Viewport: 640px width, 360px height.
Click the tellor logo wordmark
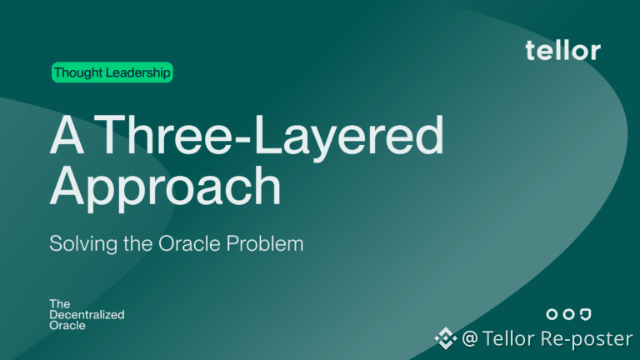pyautogui.click(x=562, y=50)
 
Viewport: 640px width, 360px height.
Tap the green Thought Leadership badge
pyautogui.click(x=112, y=72)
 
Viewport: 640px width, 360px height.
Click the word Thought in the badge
pyautogui.click(x=78, y=72)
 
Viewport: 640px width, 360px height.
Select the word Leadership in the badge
pyautogui.click(x=138, y=72)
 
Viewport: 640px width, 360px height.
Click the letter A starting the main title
pyautogui.click(x=67, y=134)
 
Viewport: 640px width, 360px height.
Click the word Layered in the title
pyautogui.click(x=348, y=139)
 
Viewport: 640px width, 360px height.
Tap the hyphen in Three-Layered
pyautogui.click(x=244, y=140)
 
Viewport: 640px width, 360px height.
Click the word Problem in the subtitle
pyautogui.click(x=265, y=243)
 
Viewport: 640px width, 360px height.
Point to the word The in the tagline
pyautogui.click(x=60, y=304)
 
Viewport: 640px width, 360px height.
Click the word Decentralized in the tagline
pyautogui.click(x=87, y=315)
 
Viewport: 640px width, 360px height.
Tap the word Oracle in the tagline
pyautogui.click(x=67, y=325)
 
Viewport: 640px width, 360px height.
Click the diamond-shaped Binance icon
pyautogui.click(x=445, y=338)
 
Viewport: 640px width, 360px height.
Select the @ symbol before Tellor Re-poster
pyautogui.click(x=470, y=339)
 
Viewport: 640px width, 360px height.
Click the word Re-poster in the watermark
pyautogui.click(x=587, y=339)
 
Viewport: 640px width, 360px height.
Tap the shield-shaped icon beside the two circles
pyautogui.click(x=586, y=314)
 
